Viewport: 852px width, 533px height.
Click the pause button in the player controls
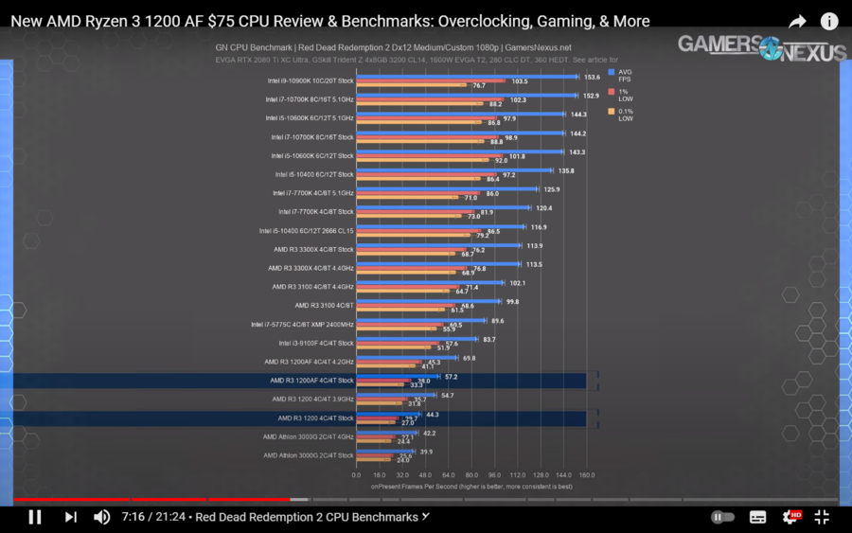[x=35, y=517]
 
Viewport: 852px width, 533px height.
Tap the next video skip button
[x=70, y=517]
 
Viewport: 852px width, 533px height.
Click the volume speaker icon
[x=101, y=517]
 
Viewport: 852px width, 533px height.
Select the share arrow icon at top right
[x=797, y=21]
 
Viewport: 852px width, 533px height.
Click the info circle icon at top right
[x=829, y=21]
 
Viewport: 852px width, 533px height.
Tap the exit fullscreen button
[x=822, y=517]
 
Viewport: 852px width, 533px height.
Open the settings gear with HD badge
[x=790, y=517]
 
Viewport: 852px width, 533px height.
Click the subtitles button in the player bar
[x=757, y=517]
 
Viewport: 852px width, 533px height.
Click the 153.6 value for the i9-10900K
[x=593, y=77]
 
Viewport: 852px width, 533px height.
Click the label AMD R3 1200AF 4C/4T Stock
[x=311, y=381]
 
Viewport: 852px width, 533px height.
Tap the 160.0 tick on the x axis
[x=586, y=476]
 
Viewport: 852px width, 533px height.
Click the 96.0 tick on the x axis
[x=494, y=476]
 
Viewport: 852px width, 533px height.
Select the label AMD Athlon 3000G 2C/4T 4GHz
[x=309, y=436]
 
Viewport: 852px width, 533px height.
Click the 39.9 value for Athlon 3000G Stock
[x=426, y=451]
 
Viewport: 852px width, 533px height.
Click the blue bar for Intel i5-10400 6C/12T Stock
[x=453, y=170]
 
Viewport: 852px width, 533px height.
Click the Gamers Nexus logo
[x=761, y=47]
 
